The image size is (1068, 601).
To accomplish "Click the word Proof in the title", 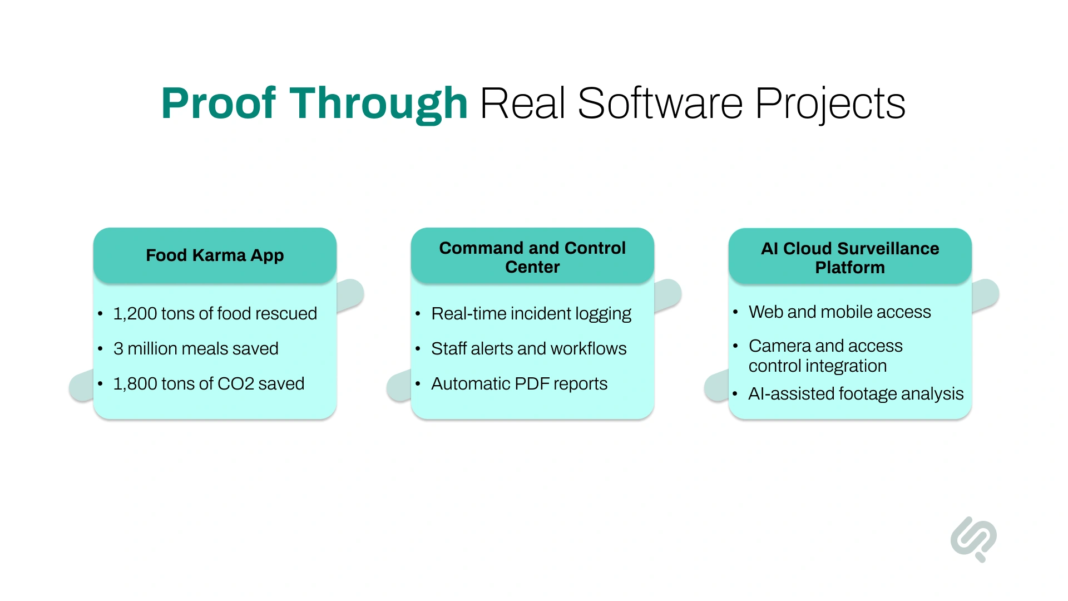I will pos(218,104).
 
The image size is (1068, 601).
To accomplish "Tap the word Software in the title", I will pos(660,104).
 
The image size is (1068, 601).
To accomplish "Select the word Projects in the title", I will pos(830,105).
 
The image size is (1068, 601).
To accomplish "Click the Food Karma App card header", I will pos(215,255).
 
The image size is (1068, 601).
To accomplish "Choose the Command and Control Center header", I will pos(532,257).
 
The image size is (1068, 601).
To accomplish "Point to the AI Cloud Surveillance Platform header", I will pos(849,258).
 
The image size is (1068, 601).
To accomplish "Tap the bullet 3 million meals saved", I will pos(196,349).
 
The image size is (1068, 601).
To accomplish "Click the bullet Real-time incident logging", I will pos(531,314).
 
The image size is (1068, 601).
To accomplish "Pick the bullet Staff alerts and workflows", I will pos(528,349).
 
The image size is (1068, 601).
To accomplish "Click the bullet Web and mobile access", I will pos(839,312).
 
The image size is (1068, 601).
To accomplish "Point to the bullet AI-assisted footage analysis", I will pos(856,394).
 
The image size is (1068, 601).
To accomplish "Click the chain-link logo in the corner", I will pos(973,538).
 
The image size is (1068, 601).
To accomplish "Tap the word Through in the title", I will pos(378,104).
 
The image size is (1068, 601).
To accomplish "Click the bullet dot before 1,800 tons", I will pos(100,384).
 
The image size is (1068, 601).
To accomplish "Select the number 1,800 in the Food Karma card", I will pos(135,384).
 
